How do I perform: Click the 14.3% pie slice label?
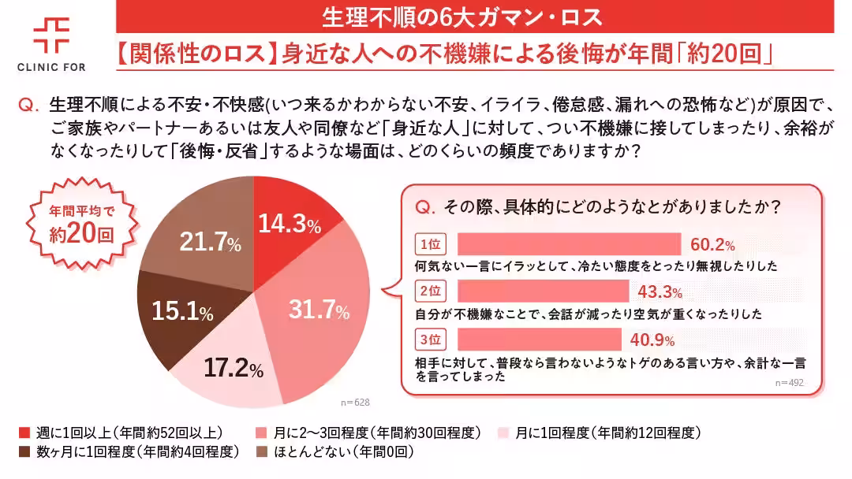[290, 225]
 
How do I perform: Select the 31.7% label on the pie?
[319, 310]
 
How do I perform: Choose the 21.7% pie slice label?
[210, 243]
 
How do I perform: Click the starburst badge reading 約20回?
[77, 224]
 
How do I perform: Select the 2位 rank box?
[430, 291]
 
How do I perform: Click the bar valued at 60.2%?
[569, 243]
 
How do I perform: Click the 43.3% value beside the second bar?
[659, 292]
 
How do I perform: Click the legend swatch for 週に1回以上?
[24, 433]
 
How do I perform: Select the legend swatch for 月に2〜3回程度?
[261, 433]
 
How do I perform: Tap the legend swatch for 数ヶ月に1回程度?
[24, 452]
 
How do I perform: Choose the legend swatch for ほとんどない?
[261, 452]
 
